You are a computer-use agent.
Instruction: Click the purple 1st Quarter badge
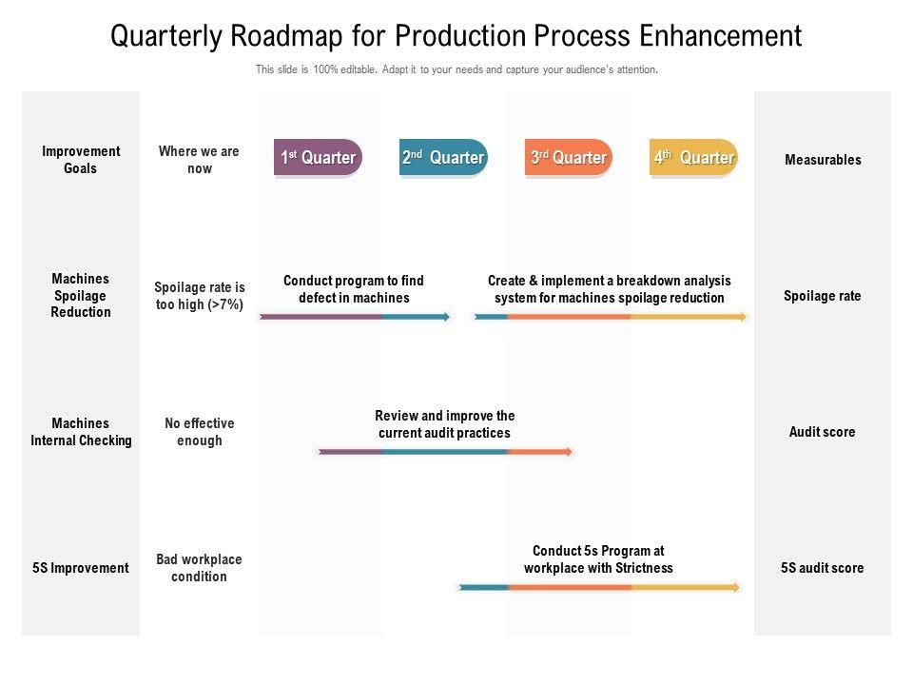click(x=318, y=158)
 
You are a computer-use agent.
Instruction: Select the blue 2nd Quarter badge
click(x=443, y=158)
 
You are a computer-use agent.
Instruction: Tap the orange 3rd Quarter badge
click(x=569, y=158)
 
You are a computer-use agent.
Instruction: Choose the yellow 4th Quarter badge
click(x=694, y=158)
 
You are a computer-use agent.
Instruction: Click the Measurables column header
click(x=823, y=160)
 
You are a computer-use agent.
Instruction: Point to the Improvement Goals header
click(x=81, y=160)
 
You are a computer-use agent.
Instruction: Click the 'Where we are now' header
click(x=199, y=160)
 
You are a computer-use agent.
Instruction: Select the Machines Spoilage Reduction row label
click(x=81, y=295)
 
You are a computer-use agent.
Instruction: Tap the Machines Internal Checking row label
click(x=81, y=432)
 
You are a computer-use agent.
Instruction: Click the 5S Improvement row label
click(x=81, y=568)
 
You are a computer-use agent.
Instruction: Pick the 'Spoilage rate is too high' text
click(x=199, y=296)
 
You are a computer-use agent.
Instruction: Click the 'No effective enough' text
click(x=199, y=432)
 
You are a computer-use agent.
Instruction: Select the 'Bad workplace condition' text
click(x=199, y=568)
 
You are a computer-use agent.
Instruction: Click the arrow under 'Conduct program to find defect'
click(x=354, y=317)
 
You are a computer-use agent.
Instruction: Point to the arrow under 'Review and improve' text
click(x=446, y=452)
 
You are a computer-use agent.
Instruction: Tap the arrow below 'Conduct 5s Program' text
click(x=599, y=588)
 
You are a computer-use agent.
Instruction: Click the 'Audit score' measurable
click(x=823, y=432)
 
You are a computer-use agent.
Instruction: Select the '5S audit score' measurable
click(x=823, y=568)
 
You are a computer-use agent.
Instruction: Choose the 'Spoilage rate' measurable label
click(x=823, y=296)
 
